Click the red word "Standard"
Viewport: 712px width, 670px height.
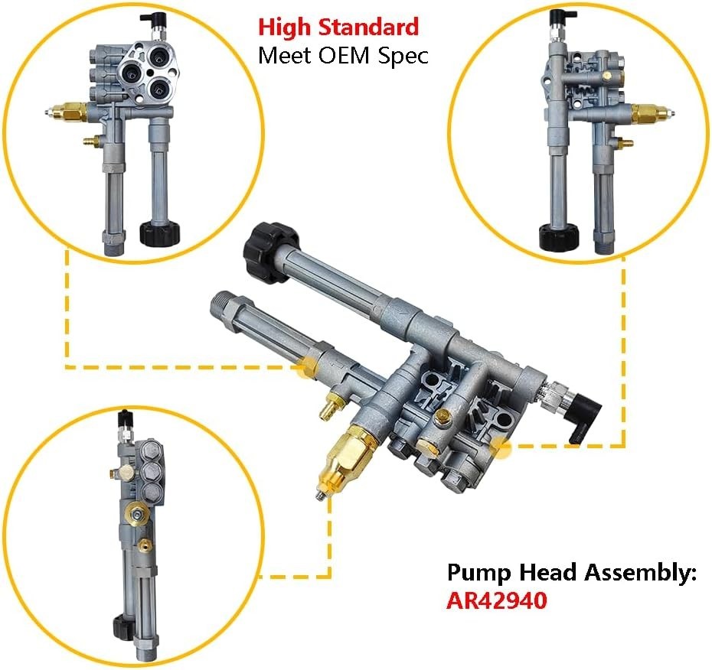369,28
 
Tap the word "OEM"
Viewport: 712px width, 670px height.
347,56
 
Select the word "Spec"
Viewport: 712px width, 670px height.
404,57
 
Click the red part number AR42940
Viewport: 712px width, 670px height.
497,600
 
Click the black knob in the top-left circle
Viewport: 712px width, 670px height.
159,231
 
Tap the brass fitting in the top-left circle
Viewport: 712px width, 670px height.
72,112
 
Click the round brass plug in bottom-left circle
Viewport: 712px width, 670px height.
135,512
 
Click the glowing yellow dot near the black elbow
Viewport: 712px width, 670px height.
501,447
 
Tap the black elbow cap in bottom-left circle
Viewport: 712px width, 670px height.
123,419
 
